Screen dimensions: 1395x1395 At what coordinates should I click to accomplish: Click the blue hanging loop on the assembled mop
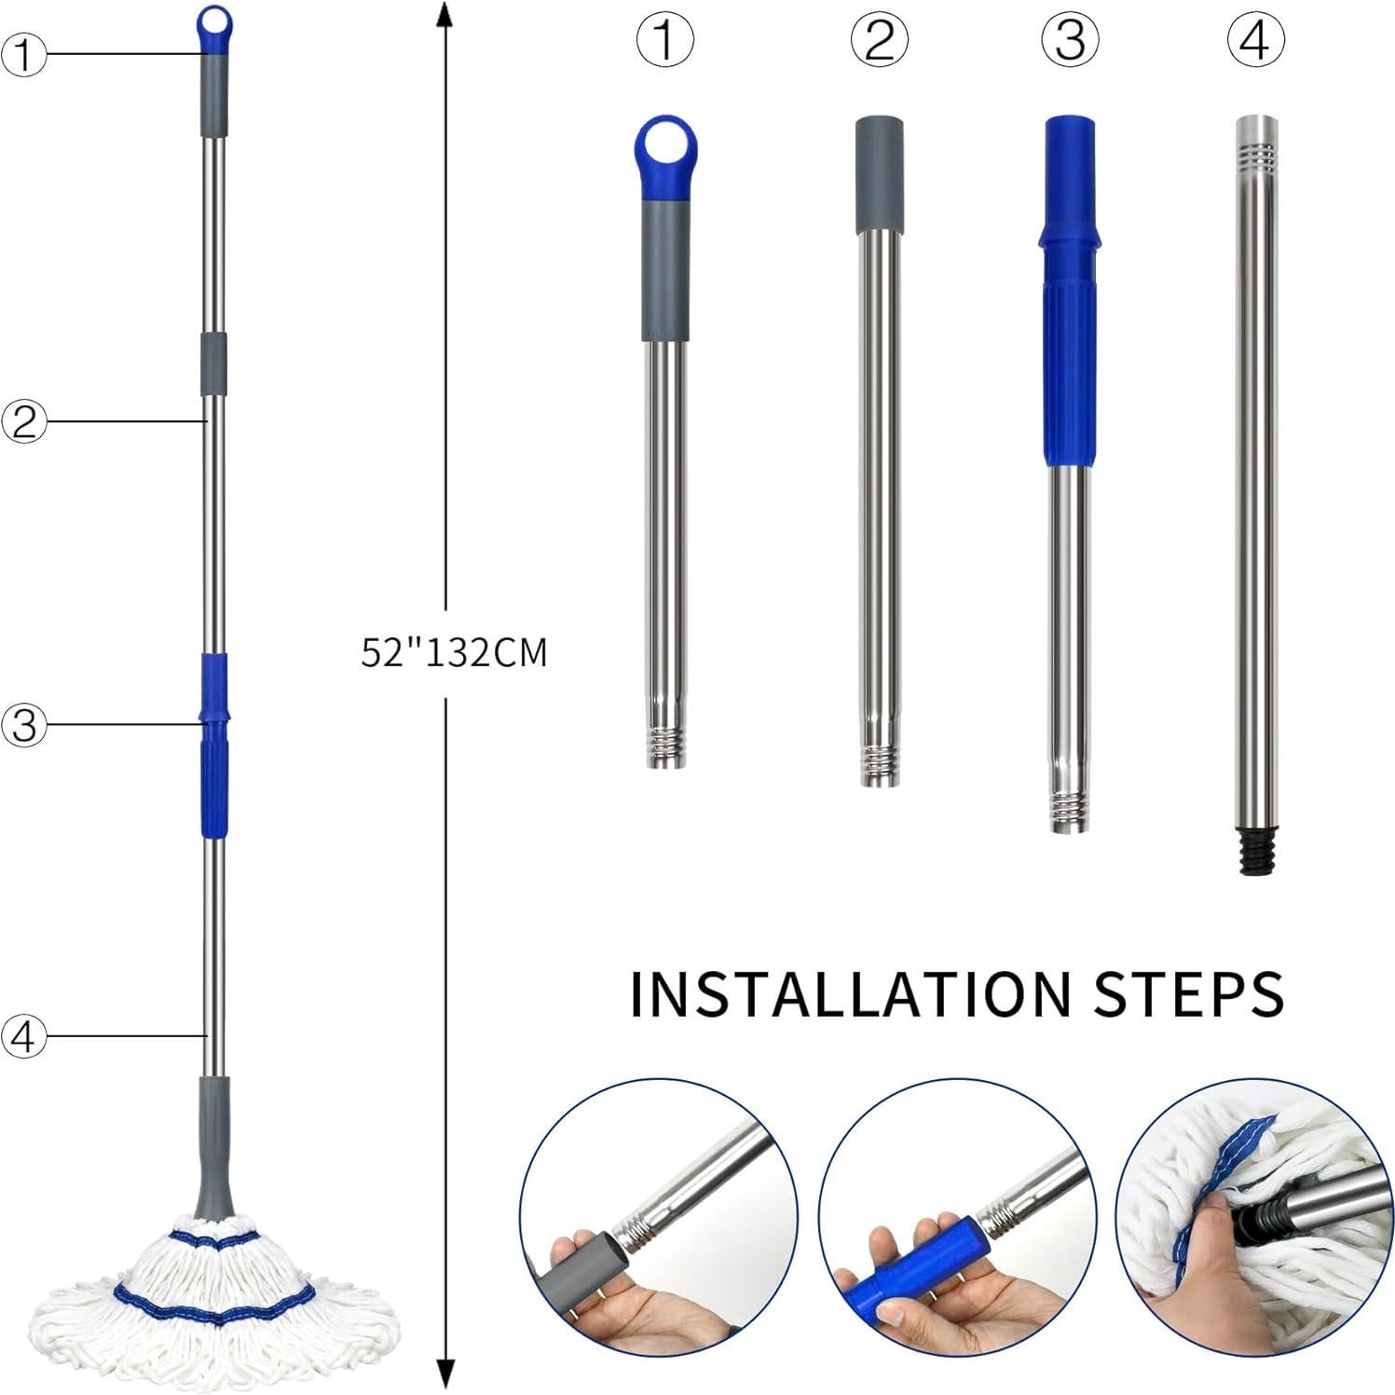(214, 22)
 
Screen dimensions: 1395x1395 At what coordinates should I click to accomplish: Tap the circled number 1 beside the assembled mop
(23, 54)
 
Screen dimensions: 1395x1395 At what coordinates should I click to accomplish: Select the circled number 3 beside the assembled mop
(23, 724)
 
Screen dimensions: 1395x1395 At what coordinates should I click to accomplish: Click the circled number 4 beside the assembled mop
(23, 1035)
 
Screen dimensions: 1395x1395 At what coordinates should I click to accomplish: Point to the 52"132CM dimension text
(454, 652)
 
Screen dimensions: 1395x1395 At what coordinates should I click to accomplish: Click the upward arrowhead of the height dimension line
(445, 15)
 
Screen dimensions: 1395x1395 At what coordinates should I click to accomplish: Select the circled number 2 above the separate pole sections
(879, 41)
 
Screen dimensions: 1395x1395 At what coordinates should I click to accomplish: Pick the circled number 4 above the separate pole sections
(1255, 41)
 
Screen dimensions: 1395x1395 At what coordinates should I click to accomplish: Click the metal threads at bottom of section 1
(666, 748)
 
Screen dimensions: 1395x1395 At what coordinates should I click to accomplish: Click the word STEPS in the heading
(1189, 993)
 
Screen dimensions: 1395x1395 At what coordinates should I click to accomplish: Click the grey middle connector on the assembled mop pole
(214, 362)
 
